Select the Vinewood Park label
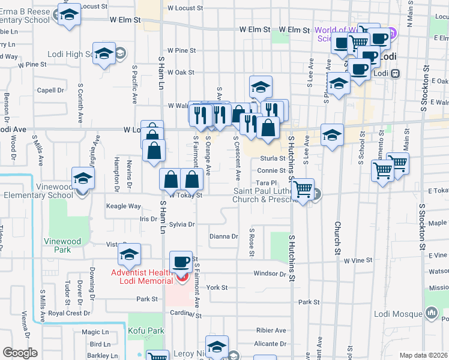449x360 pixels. [x=62, y=245]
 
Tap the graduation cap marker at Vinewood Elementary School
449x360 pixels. [x=83, y=179]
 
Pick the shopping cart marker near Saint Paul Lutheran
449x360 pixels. [x=304, y=190]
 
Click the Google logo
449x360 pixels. [x=20, y=353]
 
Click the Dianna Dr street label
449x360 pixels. [x=224, y=236]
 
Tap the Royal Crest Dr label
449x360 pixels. [x=69, y=313]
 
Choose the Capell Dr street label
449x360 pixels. [x=50, y=91]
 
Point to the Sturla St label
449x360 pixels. [x=272, y=158]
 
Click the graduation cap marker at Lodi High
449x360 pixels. [x=104, y=53]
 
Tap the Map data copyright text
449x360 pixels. [x=423, y=355]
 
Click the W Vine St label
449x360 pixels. [x=358, y=260]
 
